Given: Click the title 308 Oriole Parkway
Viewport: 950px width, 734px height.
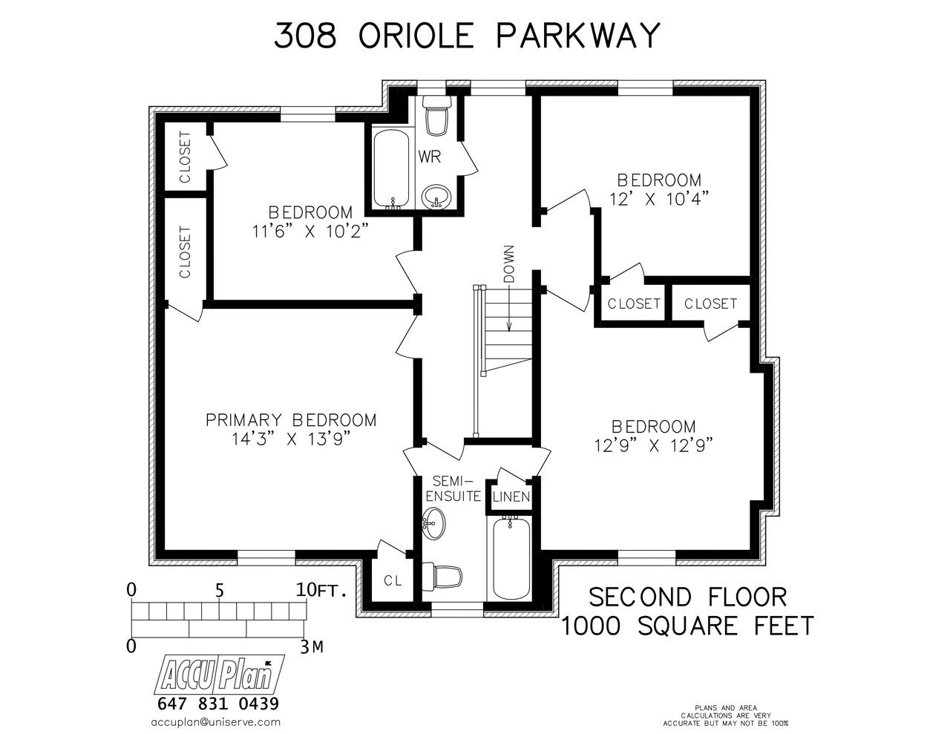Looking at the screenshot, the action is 466,35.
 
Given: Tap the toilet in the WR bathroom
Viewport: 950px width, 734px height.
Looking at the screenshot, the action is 436,115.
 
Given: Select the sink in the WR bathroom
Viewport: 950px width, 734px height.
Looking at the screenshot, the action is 436,197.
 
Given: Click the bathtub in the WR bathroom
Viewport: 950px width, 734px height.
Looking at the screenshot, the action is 391,169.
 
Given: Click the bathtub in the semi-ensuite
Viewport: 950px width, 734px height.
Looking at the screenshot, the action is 511,558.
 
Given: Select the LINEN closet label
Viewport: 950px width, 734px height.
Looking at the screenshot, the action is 511,497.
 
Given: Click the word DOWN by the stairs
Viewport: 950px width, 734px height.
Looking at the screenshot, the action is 509,263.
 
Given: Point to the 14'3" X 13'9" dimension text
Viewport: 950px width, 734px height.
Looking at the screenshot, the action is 292,439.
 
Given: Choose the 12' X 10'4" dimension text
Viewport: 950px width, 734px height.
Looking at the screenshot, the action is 659,199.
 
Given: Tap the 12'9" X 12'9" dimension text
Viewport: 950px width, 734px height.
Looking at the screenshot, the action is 654,445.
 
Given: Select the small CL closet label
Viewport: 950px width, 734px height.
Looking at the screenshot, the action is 393,580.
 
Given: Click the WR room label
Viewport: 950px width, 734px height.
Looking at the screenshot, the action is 429,157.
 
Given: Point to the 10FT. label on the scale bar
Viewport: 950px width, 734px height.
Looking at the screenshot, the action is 321,591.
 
